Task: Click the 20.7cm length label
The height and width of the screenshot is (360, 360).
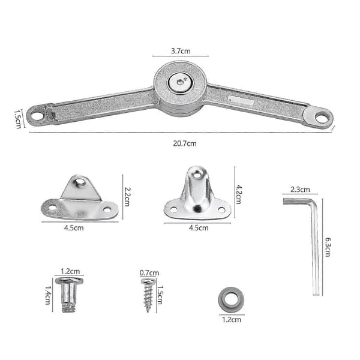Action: (x=185, y=144)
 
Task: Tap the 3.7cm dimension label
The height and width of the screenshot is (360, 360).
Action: (x=181, y=51)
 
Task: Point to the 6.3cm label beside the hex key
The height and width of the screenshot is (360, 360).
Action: (x=328, y=247)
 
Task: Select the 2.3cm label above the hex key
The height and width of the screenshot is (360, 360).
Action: (x=300, y=190)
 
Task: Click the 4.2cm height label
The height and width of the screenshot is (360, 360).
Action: (x=238, y=194)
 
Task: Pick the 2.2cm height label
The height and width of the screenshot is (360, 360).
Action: (x=127, y=197)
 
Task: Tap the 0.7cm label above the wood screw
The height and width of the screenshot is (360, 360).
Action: (x=149, y=273)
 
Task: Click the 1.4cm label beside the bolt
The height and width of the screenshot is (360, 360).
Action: (x=48, y=295)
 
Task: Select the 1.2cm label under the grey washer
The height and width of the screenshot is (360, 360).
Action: (x=232, y=320)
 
